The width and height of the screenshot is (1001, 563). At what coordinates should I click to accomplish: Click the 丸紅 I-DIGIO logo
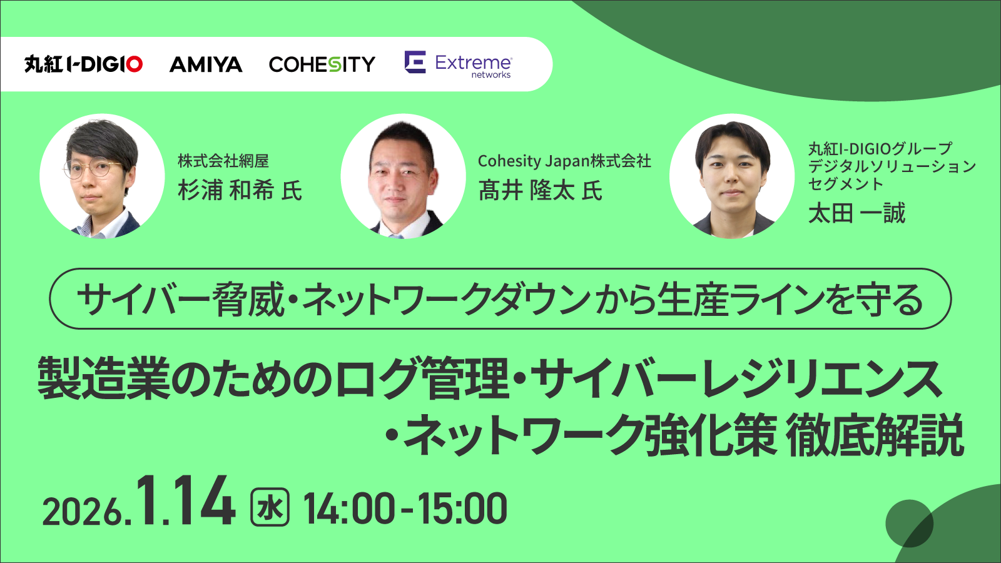(x=84, y=64)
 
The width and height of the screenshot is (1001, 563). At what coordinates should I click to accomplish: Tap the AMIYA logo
(x=206, y=65)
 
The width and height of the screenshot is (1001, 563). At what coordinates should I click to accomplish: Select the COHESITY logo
(x=322, y=65)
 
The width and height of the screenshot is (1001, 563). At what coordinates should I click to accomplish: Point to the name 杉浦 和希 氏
(x=240, y=191)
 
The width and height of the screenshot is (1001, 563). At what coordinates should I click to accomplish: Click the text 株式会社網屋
(x=223, y=161)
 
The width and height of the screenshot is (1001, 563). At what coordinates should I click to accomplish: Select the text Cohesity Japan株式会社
(x=564, y=161)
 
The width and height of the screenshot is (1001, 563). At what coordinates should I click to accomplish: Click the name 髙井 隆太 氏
(x=541, y=191)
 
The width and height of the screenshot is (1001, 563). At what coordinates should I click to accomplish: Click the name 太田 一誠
(x=856, y=213)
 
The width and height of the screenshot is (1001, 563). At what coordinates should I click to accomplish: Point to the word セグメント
(x=845, y=184)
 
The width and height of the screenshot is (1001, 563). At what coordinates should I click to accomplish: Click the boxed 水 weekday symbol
(x=270, y=507)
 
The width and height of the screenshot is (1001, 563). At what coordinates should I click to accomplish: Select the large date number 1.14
(x=183, y=501)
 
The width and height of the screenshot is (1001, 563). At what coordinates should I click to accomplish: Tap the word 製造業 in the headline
(x=104, y=378)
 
